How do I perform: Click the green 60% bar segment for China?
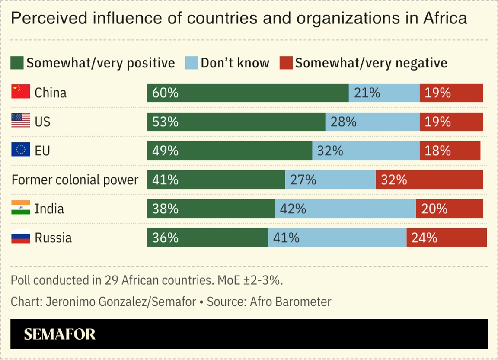point(248,93)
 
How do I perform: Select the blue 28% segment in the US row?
point(372,122)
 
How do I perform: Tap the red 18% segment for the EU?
point(450,151)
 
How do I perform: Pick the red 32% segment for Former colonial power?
point(429,180)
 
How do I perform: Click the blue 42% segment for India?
point(345,209)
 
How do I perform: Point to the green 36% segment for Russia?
point(207,238)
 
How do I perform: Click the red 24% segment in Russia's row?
point(447,238)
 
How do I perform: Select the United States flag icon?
point(20,121)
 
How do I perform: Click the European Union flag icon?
point(20,150)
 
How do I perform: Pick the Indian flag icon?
point(20,208)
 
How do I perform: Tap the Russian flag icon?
point(20,237)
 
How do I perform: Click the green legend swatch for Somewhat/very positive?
point(17,63)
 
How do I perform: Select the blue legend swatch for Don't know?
point(191,63)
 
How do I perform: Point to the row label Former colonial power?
point(75,180)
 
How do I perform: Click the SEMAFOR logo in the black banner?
point(60,334)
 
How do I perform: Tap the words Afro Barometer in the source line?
point(290,301)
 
